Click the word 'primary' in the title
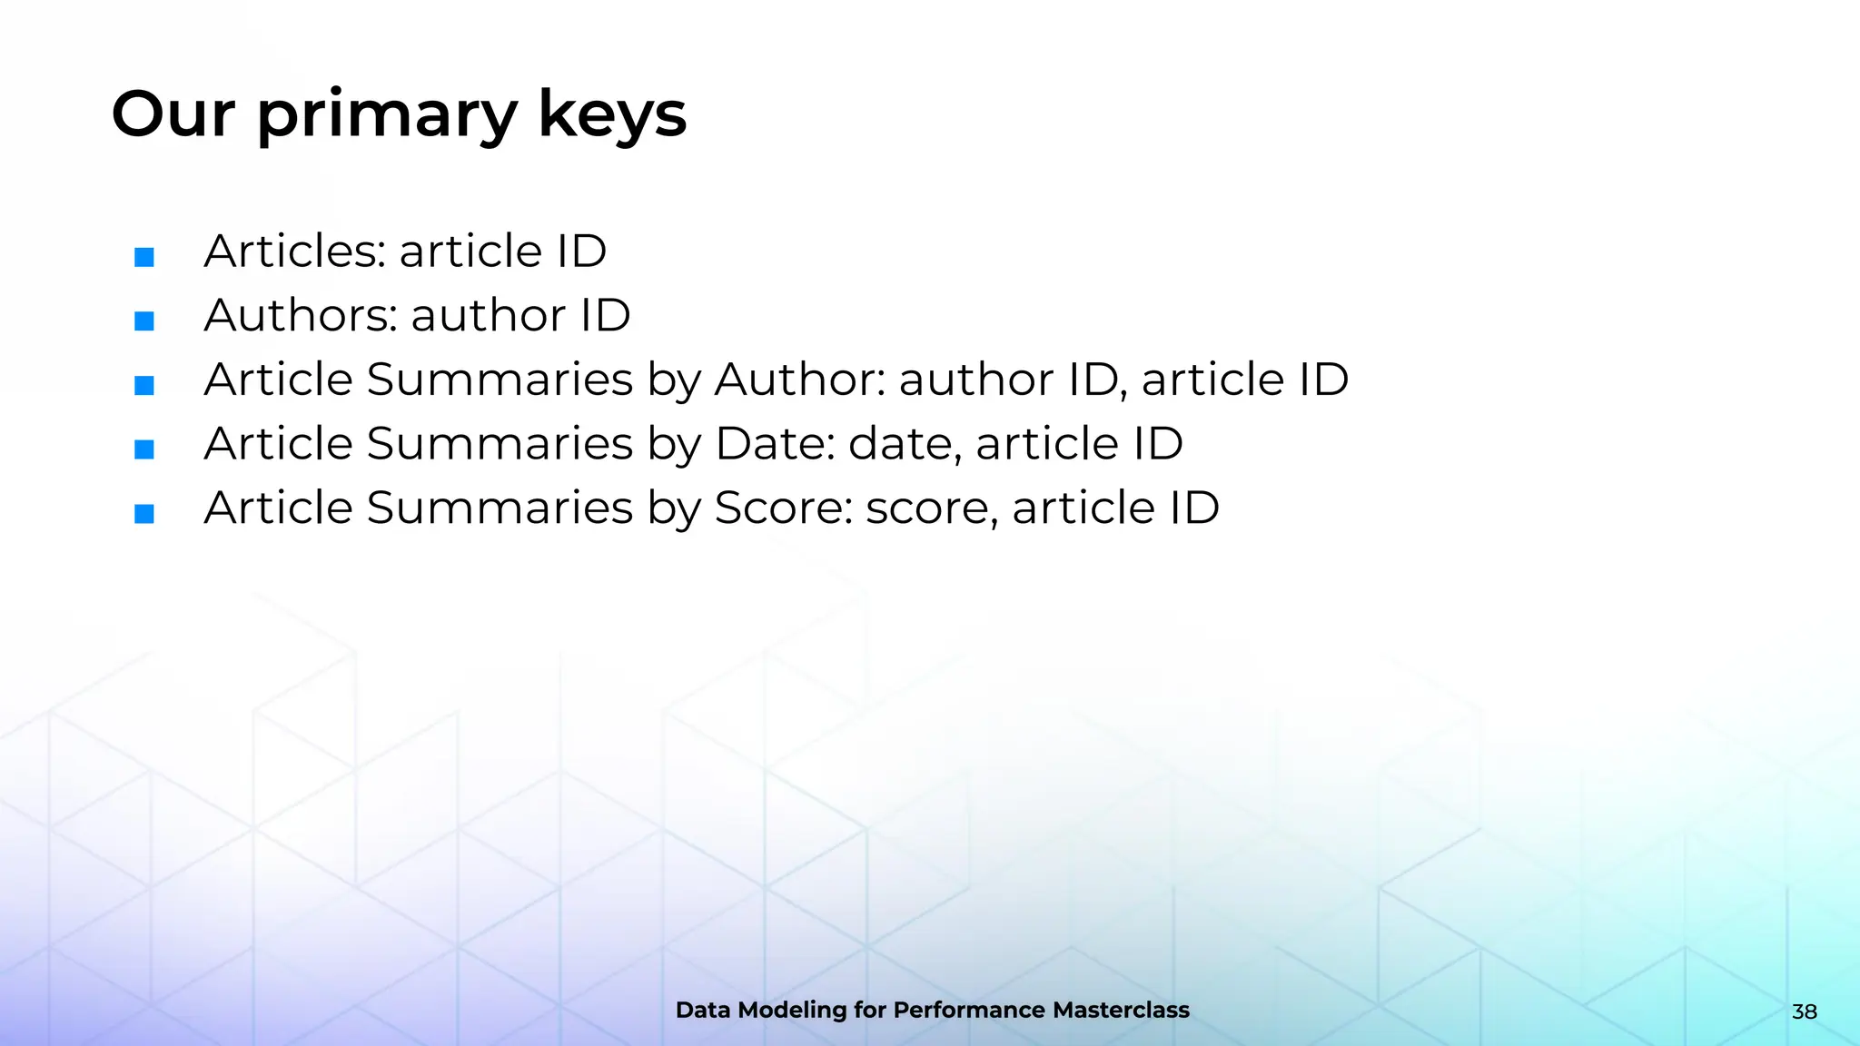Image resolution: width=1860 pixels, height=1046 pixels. coord(387,116)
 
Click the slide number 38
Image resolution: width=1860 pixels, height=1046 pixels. coord(1804,1011)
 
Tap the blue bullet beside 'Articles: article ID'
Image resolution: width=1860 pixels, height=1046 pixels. coord(143,257)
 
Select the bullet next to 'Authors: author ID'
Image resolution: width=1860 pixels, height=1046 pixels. coord(143,321)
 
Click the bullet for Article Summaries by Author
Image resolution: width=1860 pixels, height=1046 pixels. coord(143,385)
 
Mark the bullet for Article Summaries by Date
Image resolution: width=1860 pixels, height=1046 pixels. coord(143,449)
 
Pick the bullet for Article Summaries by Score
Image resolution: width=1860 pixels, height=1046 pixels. coord(143,513)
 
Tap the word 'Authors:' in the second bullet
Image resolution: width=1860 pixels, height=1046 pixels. coord(301,315)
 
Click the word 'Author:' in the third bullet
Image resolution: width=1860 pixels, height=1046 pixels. coord(800,380)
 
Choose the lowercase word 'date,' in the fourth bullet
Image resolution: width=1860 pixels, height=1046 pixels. coord(905,444)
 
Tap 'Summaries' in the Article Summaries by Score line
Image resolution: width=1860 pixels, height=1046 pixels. coord(500,508)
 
